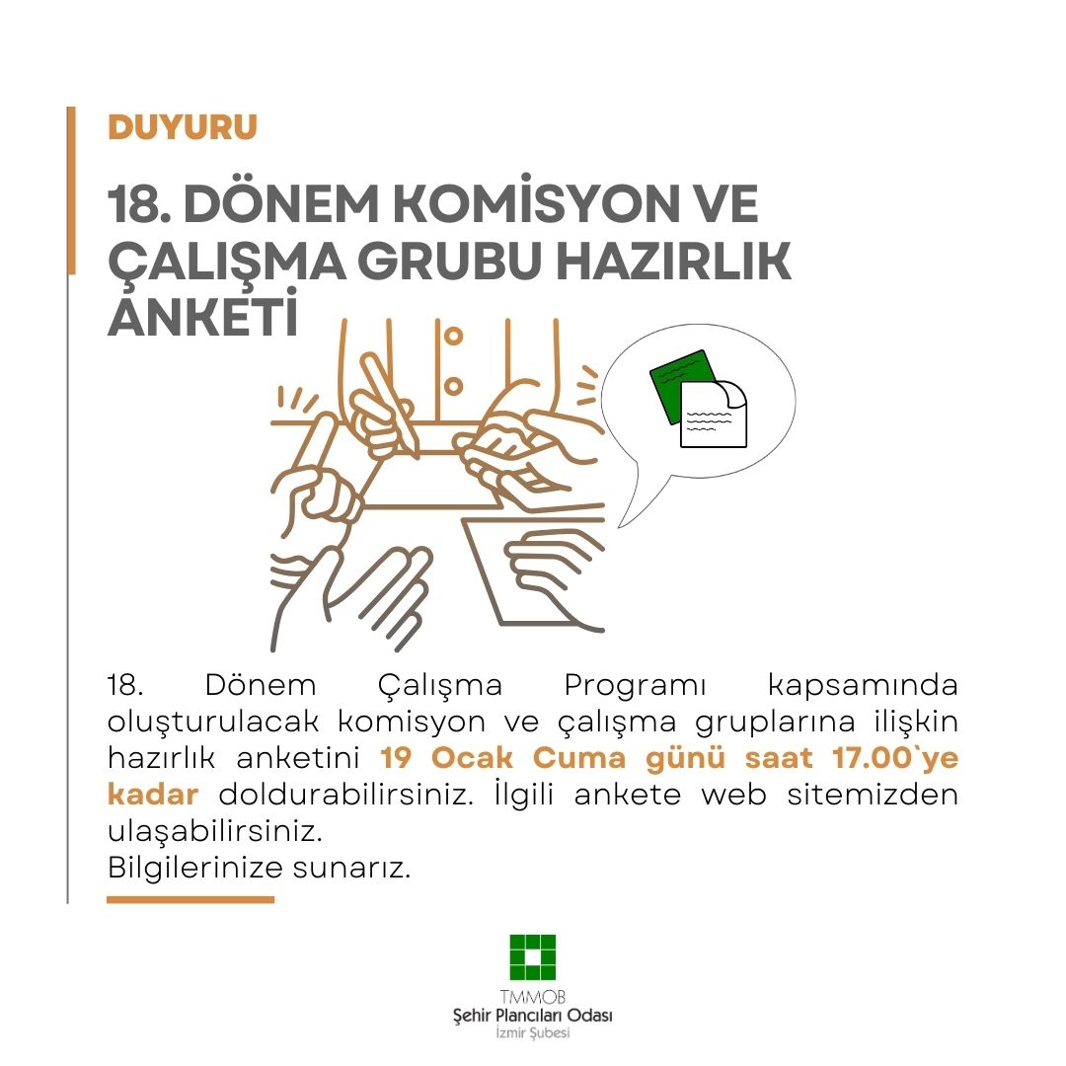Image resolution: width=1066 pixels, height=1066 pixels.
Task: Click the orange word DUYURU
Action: click(183, 127)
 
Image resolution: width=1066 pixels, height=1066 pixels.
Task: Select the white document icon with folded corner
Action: click(715, 415)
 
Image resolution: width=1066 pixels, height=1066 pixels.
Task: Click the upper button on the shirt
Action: click(453, 337)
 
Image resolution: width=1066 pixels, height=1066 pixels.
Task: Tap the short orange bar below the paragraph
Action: click(190, 899)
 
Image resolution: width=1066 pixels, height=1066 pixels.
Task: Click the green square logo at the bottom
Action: click(533, 956)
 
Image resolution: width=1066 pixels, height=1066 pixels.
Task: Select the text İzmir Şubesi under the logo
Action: click(533, 1032)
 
